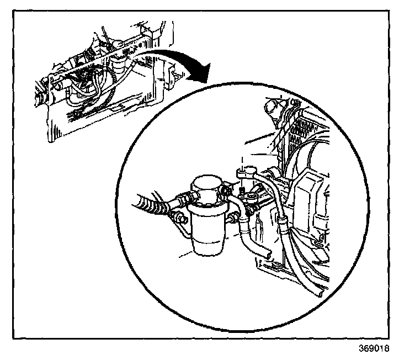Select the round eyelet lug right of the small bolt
click(x=255, y=197)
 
